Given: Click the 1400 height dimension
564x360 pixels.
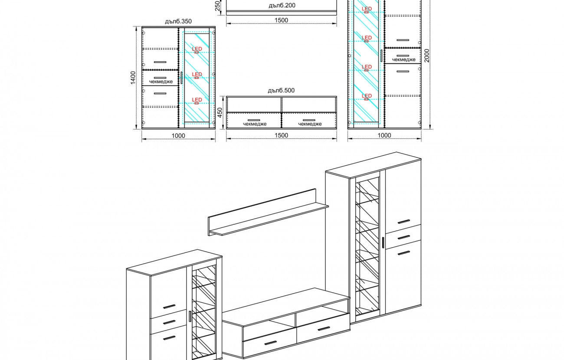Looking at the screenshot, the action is coord(133,78).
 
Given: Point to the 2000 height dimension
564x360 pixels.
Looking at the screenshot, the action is coord(426,56).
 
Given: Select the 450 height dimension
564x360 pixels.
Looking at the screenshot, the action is coord(220,112).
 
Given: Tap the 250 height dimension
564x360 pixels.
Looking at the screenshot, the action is coord(217,6).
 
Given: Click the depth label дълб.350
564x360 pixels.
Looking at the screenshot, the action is coord(178,21).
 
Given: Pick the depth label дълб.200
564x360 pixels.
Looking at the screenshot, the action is coord(282,6).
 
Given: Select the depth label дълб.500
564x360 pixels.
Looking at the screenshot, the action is coord(281,90).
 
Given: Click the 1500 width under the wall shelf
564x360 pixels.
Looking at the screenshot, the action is coord(281,20).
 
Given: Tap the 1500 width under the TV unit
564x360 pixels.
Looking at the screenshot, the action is coord(281,135).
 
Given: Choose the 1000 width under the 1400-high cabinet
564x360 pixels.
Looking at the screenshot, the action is coord(178,136).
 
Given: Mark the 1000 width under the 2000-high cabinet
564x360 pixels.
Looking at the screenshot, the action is coord(384,135).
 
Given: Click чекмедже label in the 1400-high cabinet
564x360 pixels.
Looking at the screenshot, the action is coord(161,82).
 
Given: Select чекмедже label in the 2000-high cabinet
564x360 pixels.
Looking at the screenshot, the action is coord(403,60).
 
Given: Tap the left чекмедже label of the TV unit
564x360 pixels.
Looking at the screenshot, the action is coord(255,124).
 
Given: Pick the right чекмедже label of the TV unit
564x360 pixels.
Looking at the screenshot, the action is coord(310,124).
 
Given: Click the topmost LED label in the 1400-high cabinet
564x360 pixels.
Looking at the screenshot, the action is coord(197,49).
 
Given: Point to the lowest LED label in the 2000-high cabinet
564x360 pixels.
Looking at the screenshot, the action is coord(367,96).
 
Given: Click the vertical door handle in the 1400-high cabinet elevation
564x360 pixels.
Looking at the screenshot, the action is coord(181,78).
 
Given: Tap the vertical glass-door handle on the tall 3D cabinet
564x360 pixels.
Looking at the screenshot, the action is coord(383,242).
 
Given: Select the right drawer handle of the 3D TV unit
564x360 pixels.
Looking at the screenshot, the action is coord(324,329).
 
